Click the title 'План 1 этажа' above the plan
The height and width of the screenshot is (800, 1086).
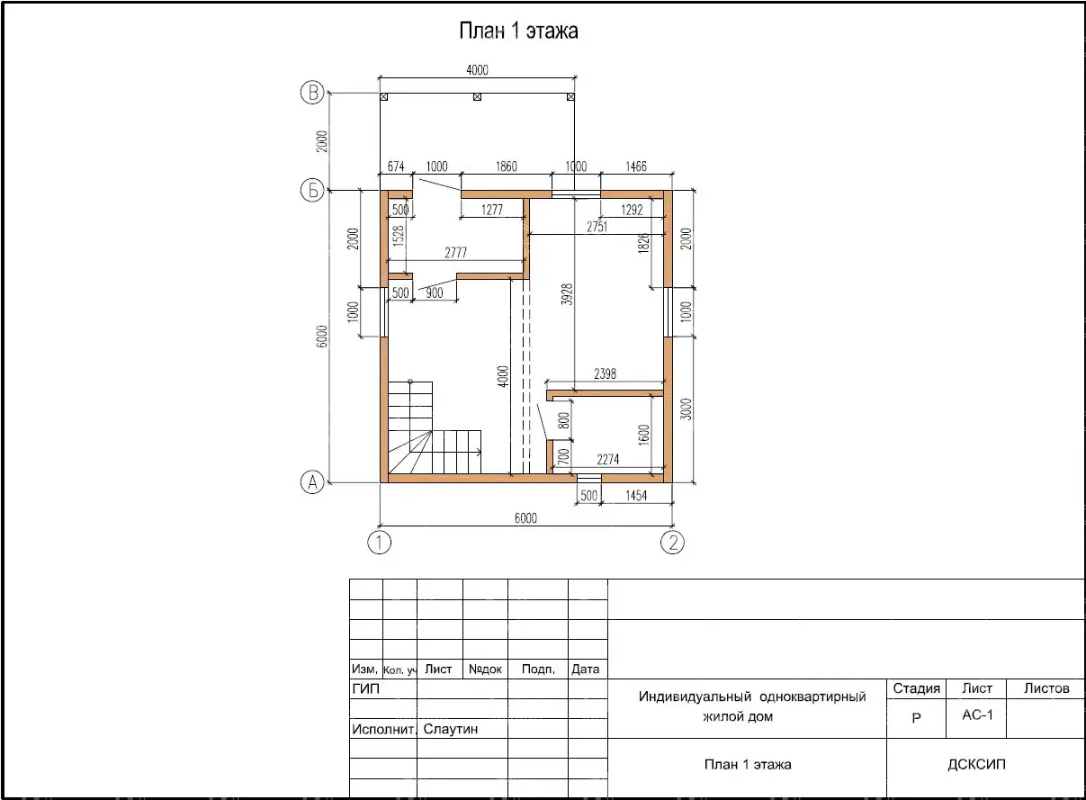click(x=518, y=31)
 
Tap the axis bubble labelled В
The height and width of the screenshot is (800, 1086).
click(x=313, y=92)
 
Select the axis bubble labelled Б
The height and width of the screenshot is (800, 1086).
click(x=313, y=190)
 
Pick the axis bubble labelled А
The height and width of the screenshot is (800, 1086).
click(x=313, y=482)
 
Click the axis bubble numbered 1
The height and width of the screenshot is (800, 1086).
click(x=379, y=542)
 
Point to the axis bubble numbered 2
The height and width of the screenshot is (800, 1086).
click(x=672, y=542)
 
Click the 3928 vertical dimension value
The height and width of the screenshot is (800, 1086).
click(x=567, y=294)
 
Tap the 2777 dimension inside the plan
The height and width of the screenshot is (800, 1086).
click(x=456, y=253)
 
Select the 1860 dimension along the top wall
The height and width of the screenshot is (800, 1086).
click(x=507, y=166)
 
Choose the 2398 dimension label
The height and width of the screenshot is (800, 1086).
click(x=605, y=373)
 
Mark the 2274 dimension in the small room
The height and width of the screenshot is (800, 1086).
click(x=608, y=459)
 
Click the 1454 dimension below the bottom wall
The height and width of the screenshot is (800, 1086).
click(x=636, y=496)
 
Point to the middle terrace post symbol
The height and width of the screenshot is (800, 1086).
click(x=477, y=97)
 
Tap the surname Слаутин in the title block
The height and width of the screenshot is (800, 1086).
click(x=451, y=729)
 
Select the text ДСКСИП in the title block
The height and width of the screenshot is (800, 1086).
click(x=976, y=764)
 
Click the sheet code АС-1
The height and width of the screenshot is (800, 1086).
click(x=977, y=715)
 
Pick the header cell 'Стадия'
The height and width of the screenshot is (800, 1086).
click(x=916, y=688)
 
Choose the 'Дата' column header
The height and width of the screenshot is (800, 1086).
click(x=585, y=670)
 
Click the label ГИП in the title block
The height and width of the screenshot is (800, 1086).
click(x=366, y=688)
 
